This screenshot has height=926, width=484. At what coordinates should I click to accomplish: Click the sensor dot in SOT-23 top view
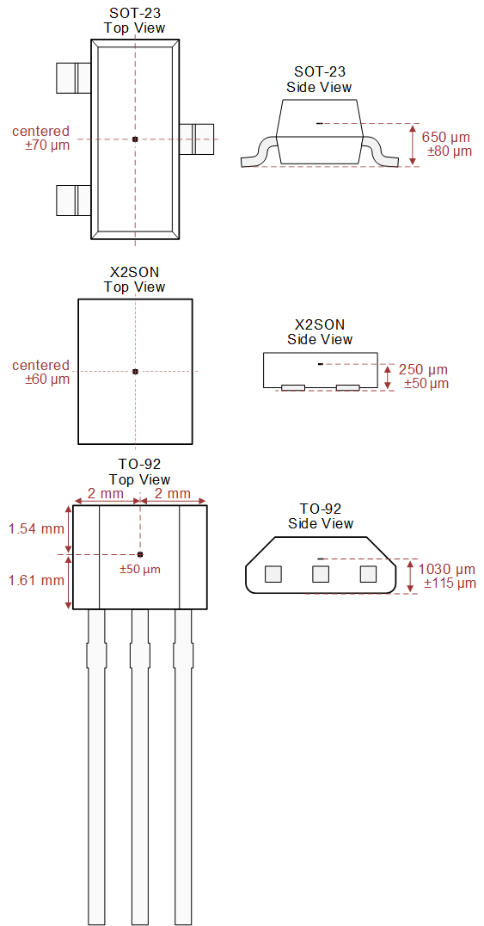(135, 139)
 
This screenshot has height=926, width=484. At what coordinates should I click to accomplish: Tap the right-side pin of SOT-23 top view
(197, 139)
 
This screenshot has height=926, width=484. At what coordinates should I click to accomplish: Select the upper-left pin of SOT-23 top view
(72, 77)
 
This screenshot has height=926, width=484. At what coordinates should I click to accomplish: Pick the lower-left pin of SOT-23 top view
(72, 200)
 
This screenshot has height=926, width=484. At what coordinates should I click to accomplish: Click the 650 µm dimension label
(446, 137)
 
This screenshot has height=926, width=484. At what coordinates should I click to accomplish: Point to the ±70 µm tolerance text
(47, 145)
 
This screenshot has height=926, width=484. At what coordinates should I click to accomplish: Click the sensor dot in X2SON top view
(135, 371)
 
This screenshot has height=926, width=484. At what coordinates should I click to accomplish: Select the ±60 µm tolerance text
(47, 379)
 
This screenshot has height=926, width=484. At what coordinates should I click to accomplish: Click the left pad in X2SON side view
(293, 388)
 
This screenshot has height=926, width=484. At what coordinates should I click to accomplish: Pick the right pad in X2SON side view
(347, 388)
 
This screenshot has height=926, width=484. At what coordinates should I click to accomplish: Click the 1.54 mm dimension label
(35, 528)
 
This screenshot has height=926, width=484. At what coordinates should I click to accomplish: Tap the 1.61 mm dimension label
(35, 580)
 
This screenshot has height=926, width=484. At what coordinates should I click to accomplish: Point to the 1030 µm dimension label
(446, 570)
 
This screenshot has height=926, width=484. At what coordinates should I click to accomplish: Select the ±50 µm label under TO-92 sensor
(139, 570)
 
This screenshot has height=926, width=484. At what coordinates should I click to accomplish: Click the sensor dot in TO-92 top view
(140, 554)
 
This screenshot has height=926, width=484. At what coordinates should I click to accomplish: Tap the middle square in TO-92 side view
(321, 574)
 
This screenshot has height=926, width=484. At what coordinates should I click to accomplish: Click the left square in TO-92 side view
(273, 574)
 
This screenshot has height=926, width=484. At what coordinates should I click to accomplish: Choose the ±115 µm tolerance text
(450, 583)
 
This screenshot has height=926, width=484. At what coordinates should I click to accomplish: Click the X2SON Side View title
(320, 332)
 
